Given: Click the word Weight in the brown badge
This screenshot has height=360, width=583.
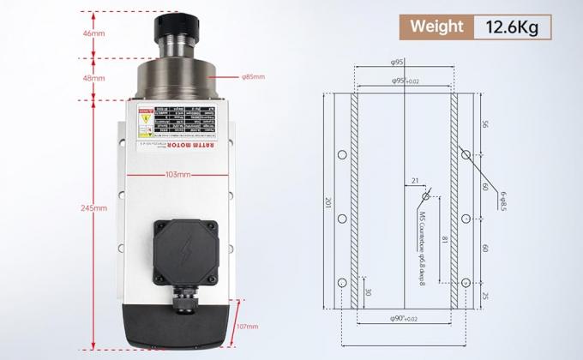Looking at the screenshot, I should (437, 27).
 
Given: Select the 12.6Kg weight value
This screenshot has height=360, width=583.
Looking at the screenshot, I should (511, 27).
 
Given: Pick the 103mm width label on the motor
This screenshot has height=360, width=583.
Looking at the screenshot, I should (177, 174).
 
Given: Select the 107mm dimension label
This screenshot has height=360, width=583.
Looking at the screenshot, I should (247, 327).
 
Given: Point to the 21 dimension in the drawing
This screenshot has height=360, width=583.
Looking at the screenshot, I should (415, 181).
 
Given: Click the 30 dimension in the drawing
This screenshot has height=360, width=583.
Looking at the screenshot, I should (370, 291).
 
